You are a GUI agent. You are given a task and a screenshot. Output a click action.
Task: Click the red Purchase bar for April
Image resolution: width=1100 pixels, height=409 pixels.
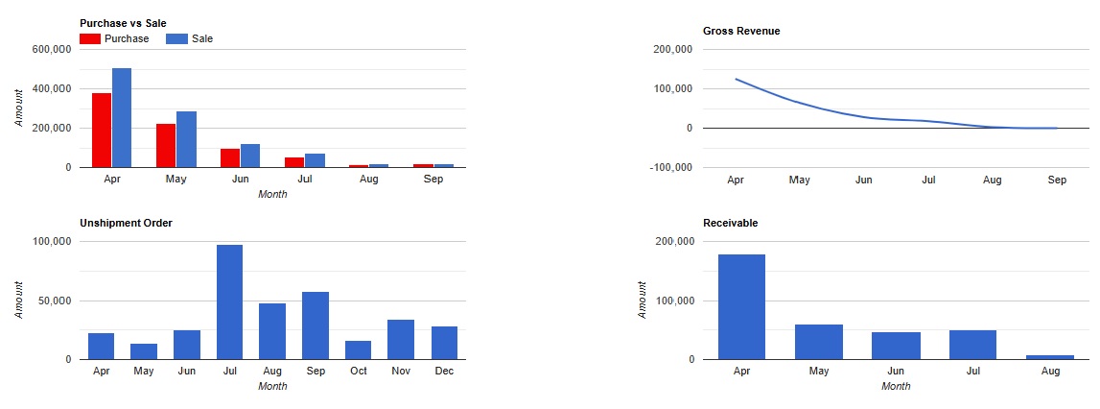102,130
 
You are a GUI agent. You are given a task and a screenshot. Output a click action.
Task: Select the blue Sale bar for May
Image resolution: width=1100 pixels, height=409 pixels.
187,139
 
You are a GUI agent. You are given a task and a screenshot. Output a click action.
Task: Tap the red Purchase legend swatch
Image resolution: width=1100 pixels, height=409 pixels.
90,38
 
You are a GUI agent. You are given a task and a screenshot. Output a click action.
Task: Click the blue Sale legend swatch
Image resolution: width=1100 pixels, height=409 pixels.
176,38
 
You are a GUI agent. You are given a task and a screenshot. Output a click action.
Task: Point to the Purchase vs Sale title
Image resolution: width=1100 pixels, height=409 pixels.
123,23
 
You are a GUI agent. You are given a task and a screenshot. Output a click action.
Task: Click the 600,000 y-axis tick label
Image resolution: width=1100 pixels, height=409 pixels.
52,49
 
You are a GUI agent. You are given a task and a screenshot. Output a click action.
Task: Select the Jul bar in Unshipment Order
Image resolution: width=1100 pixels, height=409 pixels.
229,302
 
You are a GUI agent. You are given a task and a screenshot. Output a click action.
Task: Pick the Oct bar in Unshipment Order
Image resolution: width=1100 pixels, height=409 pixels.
359,350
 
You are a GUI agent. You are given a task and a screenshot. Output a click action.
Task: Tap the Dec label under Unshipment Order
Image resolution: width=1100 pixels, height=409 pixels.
444,371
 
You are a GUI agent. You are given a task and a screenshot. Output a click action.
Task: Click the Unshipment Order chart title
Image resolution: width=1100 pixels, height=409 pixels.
127,224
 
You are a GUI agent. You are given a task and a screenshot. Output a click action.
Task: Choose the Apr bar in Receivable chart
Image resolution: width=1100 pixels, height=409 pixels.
741,307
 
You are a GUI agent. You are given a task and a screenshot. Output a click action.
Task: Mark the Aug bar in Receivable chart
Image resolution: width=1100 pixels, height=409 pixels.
1050,357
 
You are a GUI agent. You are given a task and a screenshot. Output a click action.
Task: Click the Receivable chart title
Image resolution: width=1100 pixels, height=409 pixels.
730,224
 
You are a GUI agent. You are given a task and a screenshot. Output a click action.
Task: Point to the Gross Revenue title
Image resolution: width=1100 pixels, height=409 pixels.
741,31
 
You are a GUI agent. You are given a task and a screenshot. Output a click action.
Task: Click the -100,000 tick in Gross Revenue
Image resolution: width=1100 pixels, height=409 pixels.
670,167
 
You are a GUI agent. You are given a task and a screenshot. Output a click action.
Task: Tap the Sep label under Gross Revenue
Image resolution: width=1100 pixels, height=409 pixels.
1057,180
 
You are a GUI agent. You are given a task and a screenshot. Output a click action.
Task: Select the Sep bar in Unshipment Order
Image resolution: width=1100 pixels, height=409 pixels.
316,325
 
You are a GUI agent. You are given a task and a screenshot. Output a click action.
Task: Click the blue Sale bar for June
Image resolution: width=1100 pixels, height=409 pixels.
250,156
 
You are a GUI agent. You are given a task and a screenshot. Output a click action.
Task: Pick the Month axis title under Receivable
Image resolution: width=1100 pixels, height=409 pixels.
896,386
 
